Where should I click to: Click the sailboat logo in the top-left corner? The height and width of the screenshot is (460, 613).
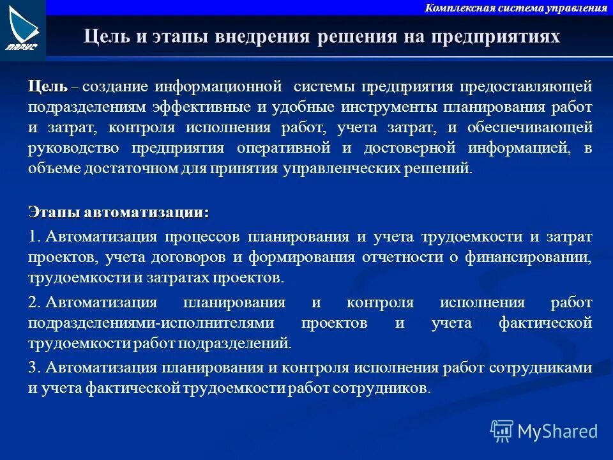[22, 29]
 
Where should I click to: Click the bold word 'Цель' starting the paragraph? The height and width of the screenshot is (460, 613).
[48, 86]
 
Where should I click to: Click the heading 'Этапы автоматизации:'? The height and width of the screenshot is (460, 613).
[118, 211]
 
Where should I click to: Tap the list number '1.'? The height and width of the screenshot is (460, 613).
[34, 236]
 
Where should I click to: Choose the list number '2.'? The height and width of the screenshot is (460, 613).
[34, 302]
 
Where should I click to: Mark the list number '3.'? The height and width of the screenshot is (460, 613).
[34, 367]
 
